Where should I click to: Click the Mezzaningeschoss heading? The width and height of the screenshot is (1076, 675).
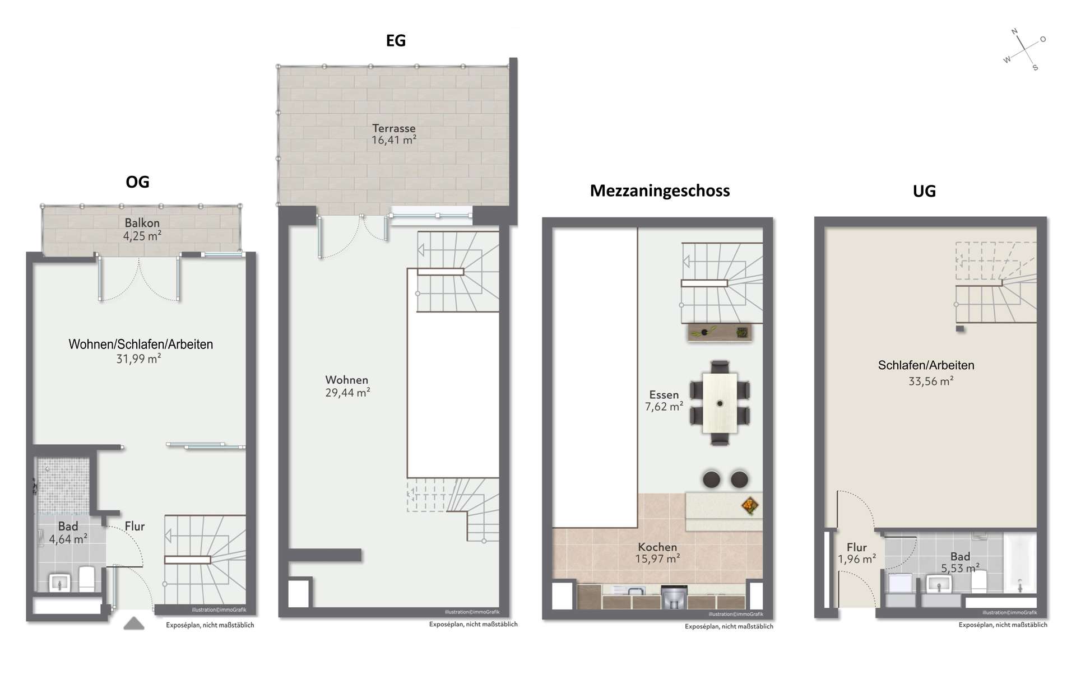(x=660, y=191)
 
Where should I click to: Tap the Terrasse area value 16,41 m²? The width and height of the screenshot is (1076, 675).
(x=394, y=140)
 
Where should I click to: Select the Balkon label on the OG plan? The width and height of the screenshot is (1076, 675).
(x=142, y=223)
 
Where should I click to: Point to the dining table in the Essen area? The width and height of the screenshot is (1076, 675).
(x=720, y=403)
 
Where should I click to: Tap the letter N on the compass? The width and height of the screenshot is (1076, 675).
(x=1014, y=32)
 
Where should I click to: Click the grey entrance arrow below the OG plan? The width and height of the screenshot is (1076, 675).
(x=134, y=623)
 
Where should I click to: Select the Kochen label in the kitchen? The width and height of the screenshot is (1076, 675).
(x=657, y=547)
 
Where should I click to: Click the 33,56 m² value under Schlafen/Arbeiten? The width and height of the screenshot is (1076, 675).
(x=931, y=381)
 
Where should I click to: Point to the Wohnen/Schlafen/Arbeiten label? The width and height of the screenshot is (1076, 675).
(x=141, y=345)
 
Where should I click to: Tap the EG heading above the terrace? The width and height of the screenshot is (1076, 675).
(x=396, y=40)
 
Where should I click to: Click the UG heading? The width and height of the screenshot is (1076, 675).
(x=924, y=191)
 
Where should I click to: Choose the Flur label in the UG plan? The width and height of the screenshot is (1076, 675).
(x=857, y=547)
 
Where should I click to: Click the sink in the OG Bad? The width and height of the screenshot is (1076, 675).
(x=59, y=582)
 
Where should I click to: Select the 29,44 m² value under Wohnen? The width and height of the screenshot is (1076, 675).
(x=347, y=393)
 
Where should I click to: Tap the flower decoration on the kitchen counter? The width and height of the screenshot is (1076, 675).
(x=749, y=506)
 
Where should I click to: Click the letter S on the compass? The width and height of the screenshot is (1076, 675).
(x=1035, y=68)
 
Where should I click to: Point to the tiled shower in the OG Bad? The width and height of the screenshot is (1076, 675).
(x=63, y=486)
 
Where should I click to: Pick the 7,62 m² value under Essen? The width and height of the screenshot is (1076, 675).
(x=664, y=407)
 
